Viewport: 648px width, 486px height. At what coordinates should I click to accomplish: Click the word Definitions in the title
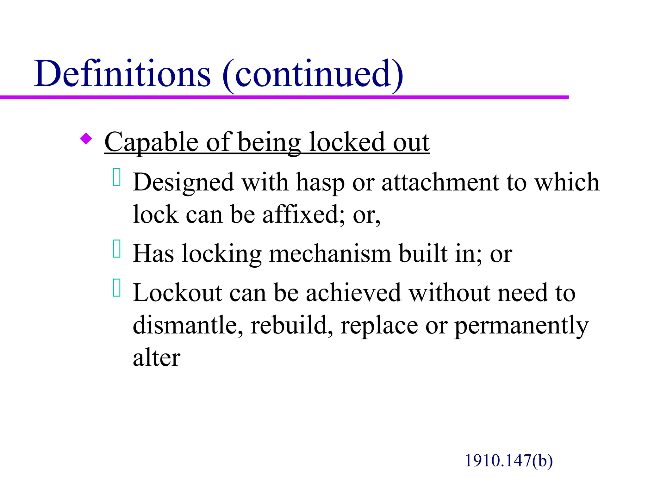tap(122, 74)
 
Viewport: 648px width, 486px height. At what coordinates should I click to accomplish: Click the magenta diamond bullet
tap(86, 139)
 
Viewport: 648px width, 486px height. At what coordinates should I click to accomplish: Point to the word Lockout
tap(177, 293)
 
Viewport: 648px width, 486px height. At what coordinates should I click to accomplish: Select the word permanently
tap(521, 326)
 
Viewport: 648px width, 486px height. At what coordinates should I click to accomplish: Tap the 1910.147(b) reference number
tap(508, 461)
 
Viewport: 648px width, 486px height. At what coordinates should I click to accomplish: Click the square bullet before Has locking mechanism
tap(117, 249)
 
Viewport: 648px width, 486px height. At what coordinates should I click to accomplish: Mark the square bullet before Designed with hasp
tap(117, 178)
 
